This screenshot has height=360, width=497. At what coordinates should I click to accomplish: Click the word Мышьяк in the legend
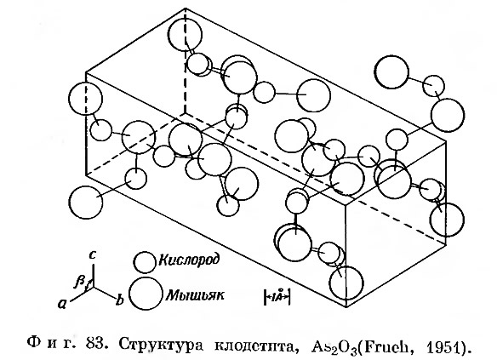pos(195,295)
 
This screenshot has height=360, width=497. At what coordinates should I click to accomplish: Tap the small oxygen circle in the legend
pos(146,262)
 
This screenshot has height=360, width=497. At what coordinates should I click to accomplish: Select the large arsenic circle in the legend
pos(146,294)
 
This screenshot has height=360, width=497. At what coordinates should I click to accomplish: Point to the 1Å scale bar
pos(277,297)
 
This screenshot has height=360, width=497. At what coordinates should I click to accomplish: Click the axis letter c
pos(92,255)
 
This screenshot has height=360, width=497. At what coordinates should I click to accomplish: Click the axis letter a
pos(62,304)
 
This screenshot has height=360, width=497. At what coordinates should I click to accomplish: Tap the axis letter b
pos(119,300)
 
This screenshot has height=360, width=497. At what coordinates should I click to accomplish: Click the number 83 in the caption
pos(94,343)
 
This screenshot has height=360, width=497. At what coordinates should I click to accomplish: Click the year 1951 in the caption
pos(443,344)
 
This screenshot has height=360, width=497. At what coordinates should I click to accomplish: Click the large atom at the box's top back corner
pos(186,34)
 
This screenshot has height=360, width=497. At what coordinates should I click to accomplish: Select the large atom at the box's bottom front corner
pos(346,283)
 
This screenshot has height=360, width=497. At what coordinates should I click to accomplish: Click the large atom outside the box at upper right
pos(391,72)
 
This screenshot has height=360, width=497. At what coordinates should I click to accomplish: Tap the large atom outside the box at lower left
pos(86,203)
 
